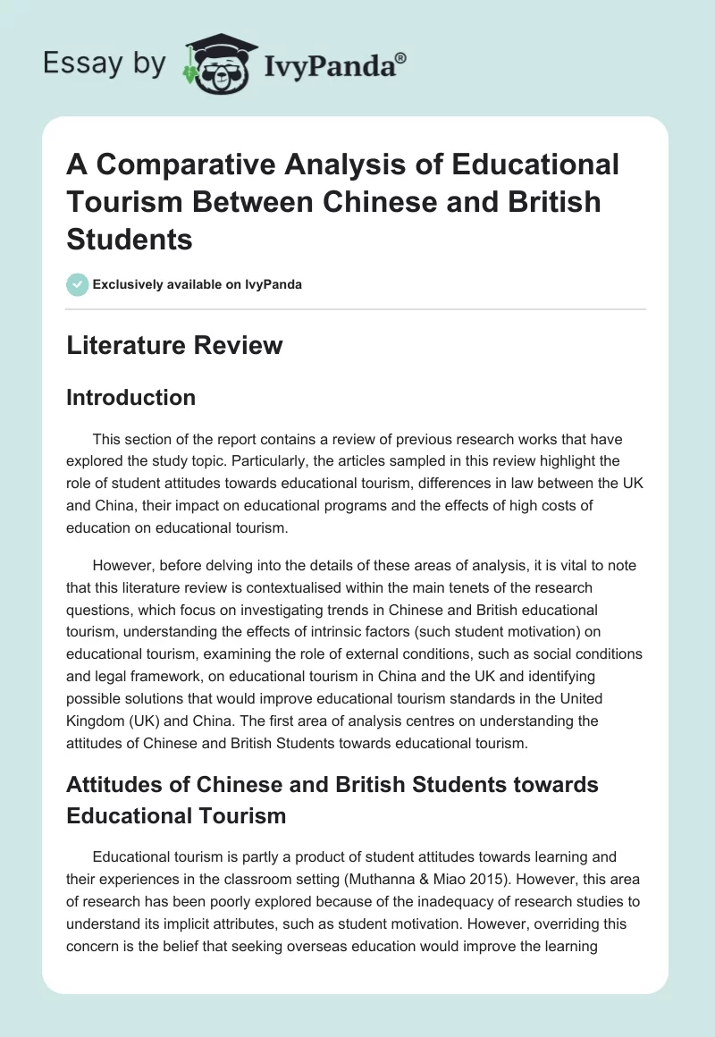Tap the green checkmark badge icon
(78, 284)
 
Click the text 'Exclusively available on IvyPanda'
(198, 284)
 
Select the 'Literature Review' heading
(174, 345)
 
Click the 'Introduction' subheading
(130, 397)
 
